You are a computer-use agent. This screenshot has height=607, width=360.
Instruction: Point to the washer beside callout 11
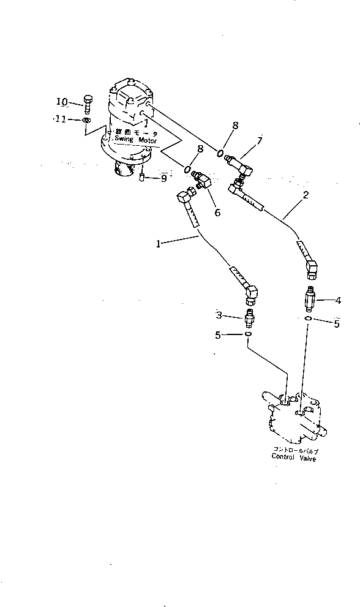tap(87, 121)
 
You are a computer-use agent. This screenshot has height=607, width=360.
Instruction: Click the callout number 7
tap(260, 141)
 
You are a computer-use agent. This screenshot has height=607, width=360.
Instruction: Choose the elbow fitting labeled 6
tap(201, 180)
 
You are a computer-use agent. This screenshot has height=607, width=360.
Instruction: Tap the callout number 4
tap(337, 300)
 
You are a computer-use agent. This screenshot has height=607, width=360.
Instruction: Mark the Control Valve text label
tap(294, 458)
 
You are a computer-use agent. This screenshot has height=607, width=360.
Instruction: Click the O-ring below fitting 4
tap(310, 319)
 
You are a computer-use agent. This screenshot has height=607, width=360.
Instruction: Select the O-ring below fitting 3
tap(248, 334)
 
